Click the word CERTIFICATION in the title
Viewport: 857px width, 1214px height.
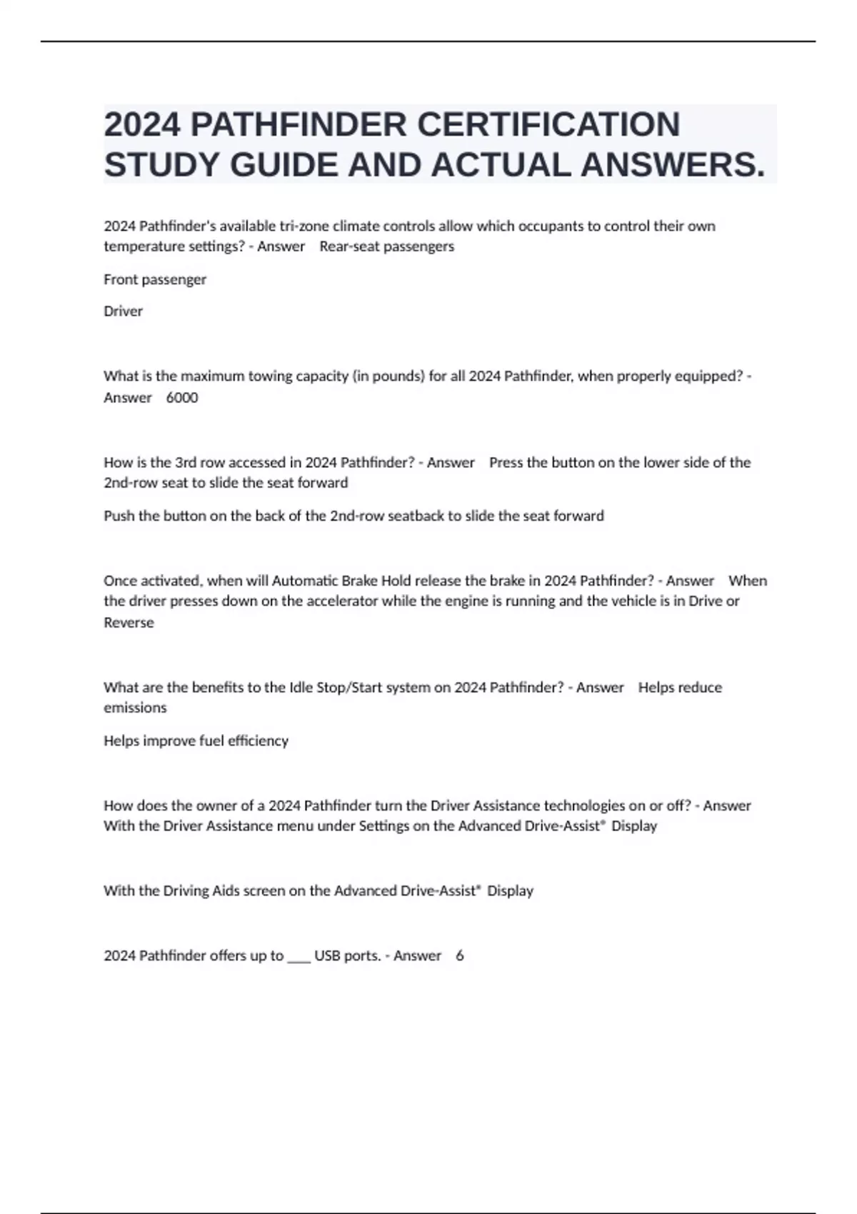(548, 124)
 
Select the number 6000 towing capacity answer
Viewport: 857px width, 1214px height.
(182, 398)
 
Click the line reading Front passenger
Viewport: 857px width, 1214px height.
(155, 279)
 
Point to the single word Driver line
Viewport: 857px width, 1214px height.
(123, 311)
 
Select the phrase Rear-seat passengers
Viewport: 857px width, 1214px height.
(386, 246)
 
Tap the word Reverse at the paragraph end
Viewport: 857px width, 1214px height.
(129, 623)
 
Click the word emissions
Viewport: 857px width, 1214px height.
(135, 708)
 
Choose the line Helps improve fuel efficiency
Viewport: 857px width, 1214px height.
(196, 741)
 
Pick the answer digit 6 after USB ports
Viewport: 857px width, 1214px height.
(460, 955)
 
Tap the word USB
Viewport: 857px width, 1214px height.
(327, 955)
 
